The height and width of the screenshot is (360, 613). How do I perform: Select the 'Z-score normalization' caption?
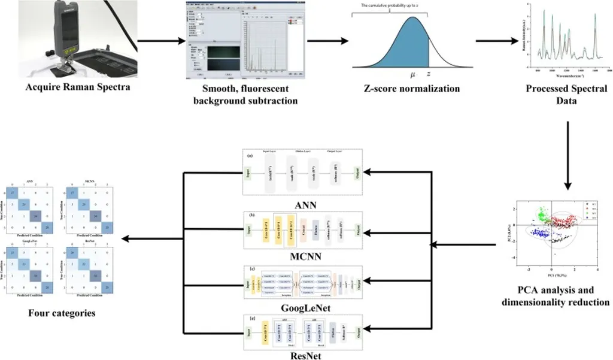[412, 89]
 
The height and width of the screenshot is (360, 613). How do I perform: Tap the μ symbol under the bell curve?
[412, 74]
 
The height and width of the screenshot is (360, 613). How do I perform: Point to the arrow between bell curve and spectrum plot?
[496, 41]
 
